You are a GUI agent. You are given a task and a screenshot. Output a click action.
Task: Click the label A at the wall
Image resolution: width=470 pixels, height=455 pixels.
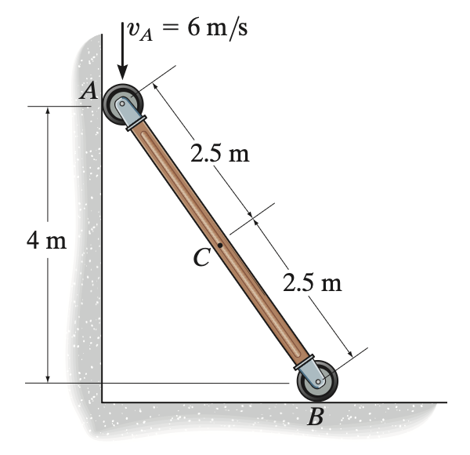pyautogui.click(x=89, y=91)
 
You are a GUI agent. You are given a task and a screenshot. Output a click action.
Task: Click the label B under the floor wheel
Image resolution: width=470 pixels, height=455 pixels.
pyautogui.click(x=316, y=417)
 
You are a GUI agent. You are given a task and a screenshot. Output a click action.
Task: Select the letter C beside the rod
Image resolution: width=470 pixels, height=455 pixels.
pyautogui.click(x=201, y=257)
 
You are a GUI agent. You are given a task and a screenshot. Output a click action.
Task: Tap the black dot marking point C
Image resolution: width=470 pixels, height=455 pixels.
pyautogui.click(x=220, y=246)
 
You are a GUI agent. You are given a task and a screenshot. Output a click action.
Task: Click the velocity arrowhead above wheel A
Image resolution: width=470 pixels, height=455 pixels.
pyautogui.click(x=122, y=72)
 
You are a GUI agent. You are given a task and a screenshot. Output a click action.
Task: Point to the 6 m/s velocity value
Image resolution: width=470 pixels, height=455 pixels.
pyautogui.click(x=217, y=29)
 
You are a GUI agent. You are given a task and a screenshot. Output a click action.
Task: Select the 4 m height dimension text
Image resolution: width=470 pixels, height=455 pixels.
pyautogui.click(x=46, y=240)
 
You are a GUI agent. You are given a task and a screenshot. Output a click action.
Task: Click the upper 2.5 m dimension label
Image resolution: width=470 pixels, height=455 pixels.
pyautogui.click(x=219, y=153)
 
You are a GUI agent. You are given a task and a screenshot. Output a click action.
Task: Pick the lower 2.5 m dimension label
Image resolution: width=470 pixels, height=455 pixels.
pyautogui.click(x=312, y=282)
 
